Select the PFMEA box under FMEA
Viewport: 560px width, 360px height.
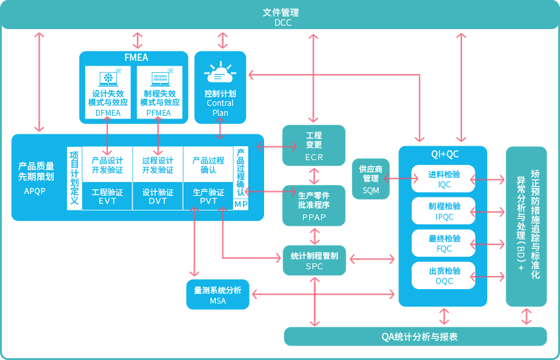[x=158, y=93]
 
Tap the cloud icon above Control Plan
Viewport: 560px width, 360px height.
[x=220, y=72]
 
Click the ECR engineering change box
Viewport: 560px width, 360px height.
[x=314, y=145]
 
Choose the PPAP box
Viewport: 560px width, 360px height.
[x=314, y=205]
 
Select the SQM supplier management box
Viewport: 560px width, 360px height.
[x=371, y=178]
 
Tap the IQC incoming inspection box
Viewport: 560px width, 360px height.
[x=443, y=179]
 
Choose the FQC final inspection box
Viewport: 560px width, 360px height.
[x=443, y=243]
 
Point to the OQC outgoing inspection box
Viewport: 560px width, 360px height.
[x=443, y=275]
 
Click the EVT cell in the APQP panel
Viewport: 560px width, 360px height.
[x=107, y=197]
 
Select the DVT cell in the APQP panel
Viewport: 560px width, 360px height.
[x=158, y=197]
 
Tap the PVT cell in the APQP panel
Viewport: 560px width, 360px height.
[x=208, y=197]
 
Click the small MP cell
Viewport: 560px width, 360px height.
[x=241, y=204]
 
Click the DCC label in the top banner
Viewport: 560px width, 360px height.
[x=280, y=22]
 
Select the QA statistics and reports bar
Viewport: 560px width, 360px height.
[x=415, y=336]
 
